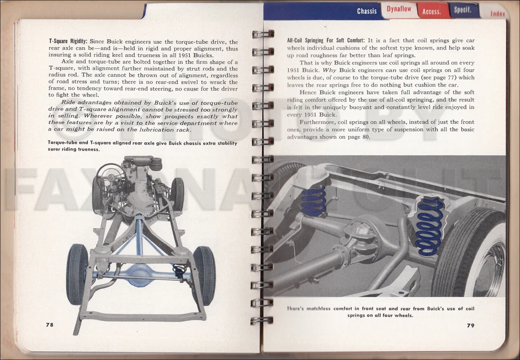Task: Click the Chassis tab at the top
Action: point(367,11)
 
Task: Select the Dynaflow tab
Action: point(399,9)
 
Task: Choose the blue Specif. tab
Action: point(463,10)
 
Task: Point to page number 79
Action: point(470,325)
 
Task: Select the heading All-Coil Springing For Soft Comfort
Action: point(326,41)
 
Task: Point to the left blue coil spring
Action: point(314,201)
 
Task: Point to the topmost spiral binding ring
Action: point(263,34)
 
